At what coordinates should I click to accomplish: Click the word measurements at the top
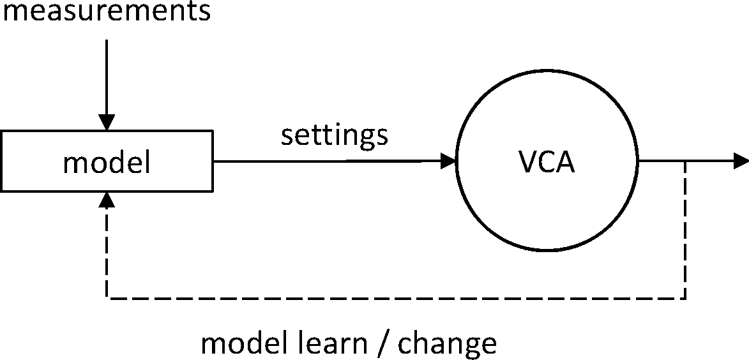pyautogui.click(x=106, y=11)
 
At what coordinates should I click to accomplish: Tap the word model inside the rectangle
pyautogui.click(x=107, y=163)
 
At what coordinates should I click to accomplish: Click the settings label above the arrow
pyautogui.click(x=335, y=135)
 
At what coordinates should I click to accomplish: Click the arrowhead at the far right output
pyautogui.click(x=741, y=161)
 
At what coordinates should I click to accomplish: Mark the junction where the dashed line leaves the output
pyautogui.click(x=685, y=161)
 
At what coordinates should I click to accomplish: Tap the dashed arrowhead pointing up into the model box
pyautogui.click(x=107, y=200)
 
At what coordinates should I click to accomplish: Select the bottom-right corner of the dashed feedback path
pyautogui.click(x=685, y=298)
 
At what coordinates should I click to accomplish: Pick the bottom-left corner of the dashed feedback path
pyautogui.click(x=107, y=298)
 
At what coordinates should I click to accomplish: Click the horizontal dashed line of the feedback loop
pyautogui.click(x=396, y=298)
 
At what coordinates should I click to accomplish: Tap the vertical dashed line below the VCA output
pyautogui.click(x=685, y=230)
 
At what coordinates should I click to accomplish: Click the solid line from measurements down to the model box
pyautogui.click(x=107, y=77)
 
